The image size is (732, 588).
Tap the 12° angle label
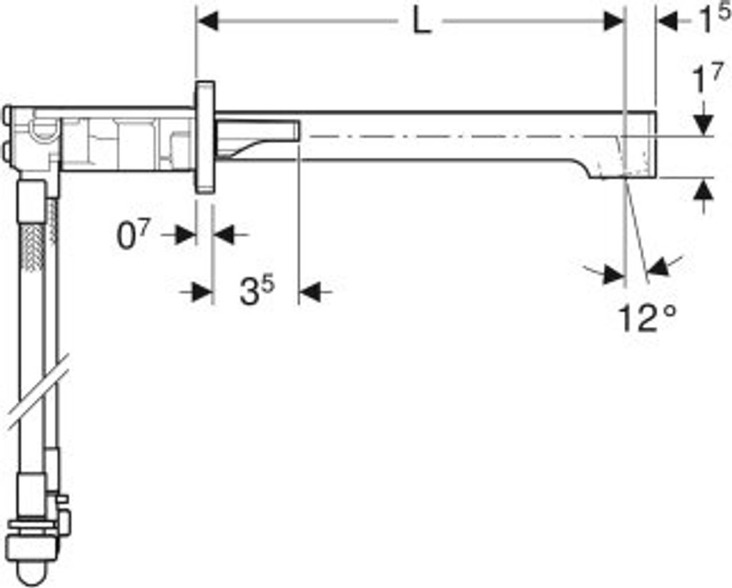[647, 318]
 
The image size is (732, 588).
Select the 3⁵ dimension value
[257, 290]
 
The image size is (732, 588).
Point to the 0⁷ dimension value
[132, 235]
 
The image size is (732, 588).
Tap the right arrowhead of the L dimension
[613, 21]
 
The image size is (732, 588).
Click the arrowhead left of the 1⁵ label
[668, 21]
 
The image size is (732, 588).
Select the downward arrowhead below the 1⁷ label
[703, 125]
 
